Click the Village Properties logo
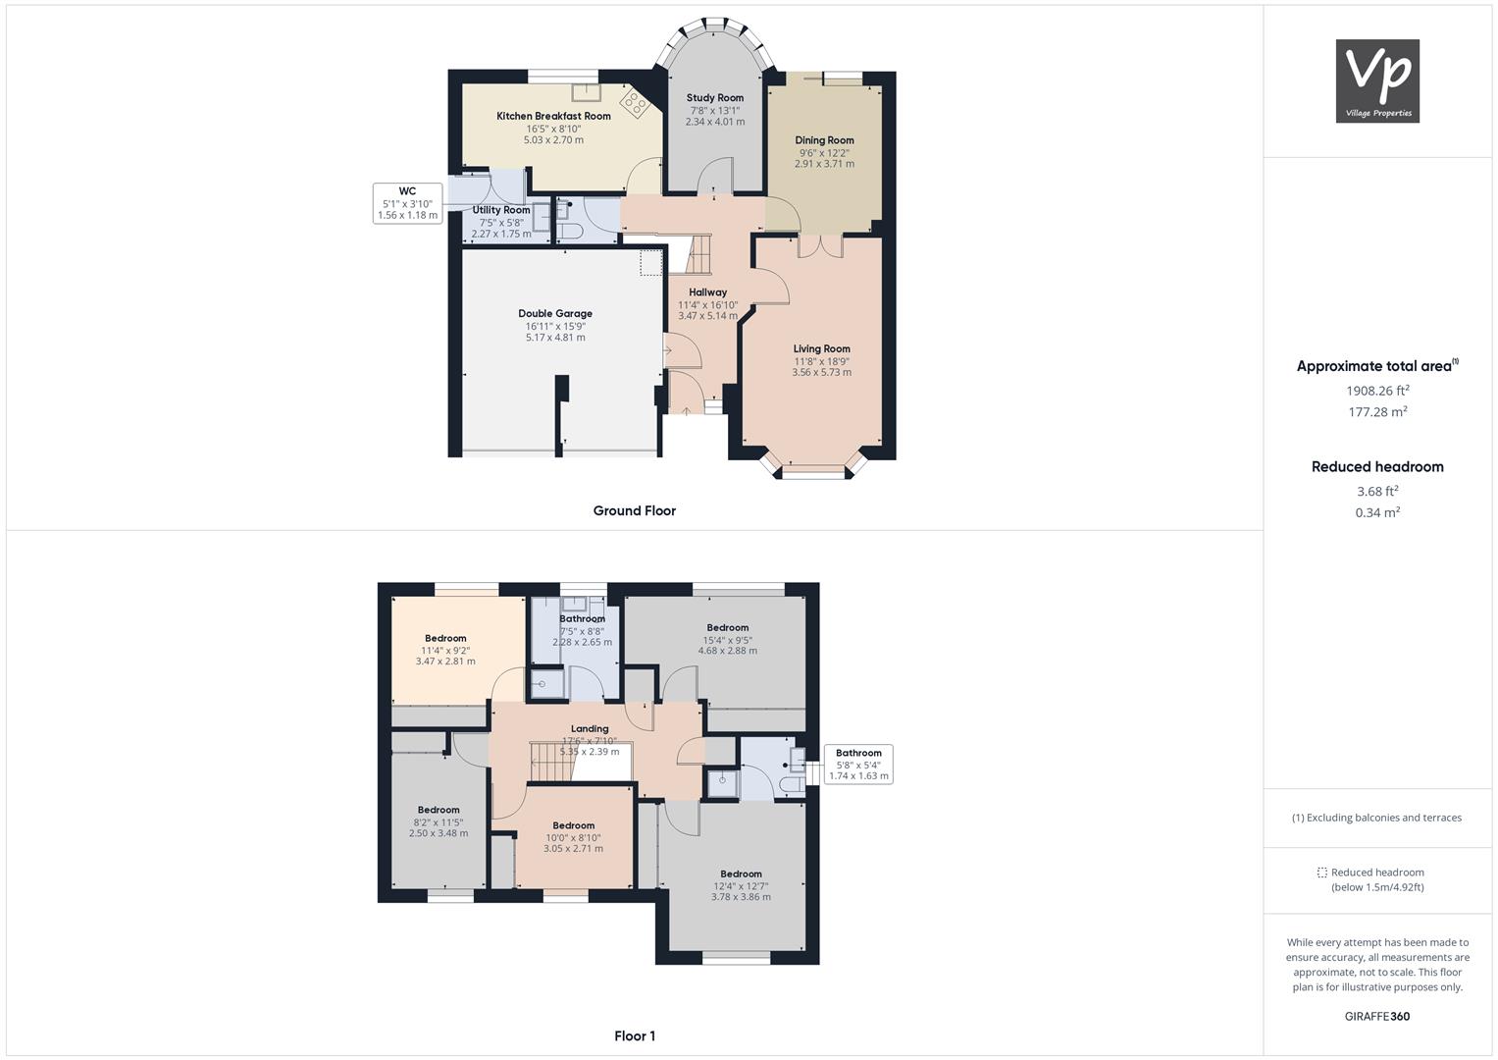click(1377, 80)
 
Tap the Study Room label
click(714, 98)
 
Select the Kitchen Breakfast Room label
click(553, 116)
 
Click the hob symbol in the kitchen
click(635, 104)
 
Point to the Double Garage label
click(555, 313)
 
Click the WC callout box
click(407, 203)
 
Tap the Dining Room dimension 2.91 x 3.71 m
click(824, 164)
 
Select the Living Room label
click(821, 348)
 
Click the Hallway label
click(707, 292)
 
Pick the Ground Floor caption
click(634, 510)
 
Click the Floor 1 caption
click(634, 1035)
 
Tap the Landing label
click(590, 728)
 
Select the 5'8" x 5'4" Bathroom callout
click(858, 765)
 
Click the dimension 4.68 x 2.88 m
click(728, 651)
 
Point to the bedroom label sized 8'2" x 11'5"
click(439, 810)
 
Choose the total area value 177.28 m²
click(1377, 411)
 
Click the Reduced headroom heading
click(1377, 466)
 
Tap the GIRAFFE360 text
click(1377, 1017)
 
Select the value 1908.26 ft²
click(1377, 391)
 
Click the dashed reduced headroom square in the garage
click(650, 263)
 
